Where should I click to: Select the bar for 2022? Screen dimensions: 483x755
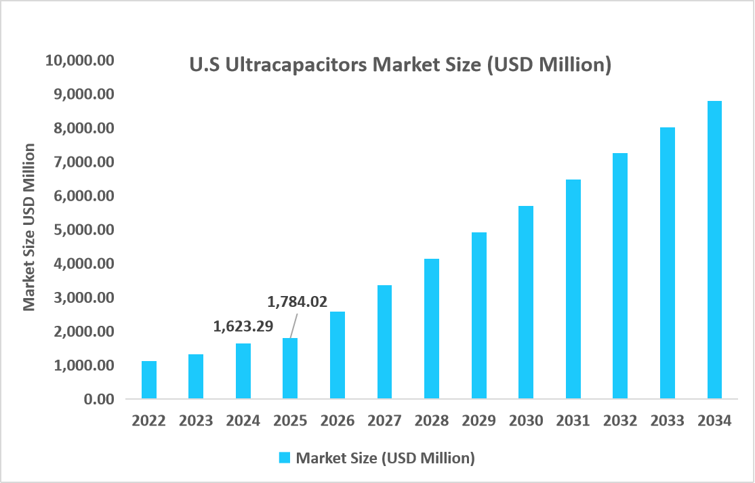pos(149,379)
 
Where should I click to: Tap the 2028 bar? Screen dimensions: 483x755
pos(432,329)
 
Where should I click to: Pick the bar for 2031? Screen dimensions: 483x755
pos(573,289)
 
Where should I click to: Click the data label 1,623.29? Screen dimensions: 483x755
pos(243,327)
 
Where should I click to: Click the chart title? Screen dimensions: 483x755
pos(400,65)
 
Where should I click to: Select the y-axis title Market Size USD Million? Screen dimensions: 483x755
pos(29,227)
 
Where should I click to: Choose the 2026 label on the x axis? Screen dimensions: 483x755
pos(338,421)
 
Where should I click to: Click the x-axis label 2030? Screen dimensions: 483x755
pos(526,421)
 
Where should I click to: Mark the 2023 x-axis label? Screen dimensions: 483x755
pos(196,421)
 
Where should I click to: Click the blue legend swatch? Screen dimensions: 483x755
pos(285,458)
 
